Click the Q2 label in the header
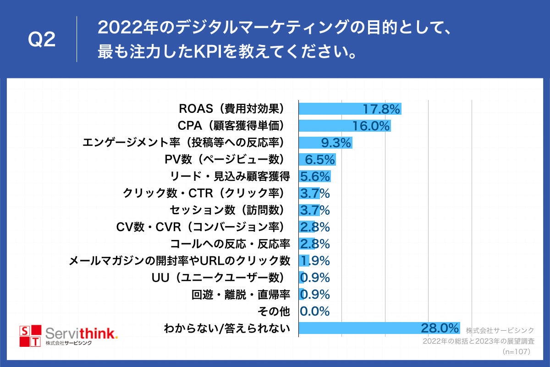(x=42, y=40)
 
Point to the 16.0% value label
(x=371, y=126)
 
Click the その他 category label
(x=273, y=311)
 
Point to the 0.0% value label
(x=314, y=311)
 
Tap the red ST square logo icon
(x=30, y=336)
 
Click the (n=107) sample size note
(x=516, y=352)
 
